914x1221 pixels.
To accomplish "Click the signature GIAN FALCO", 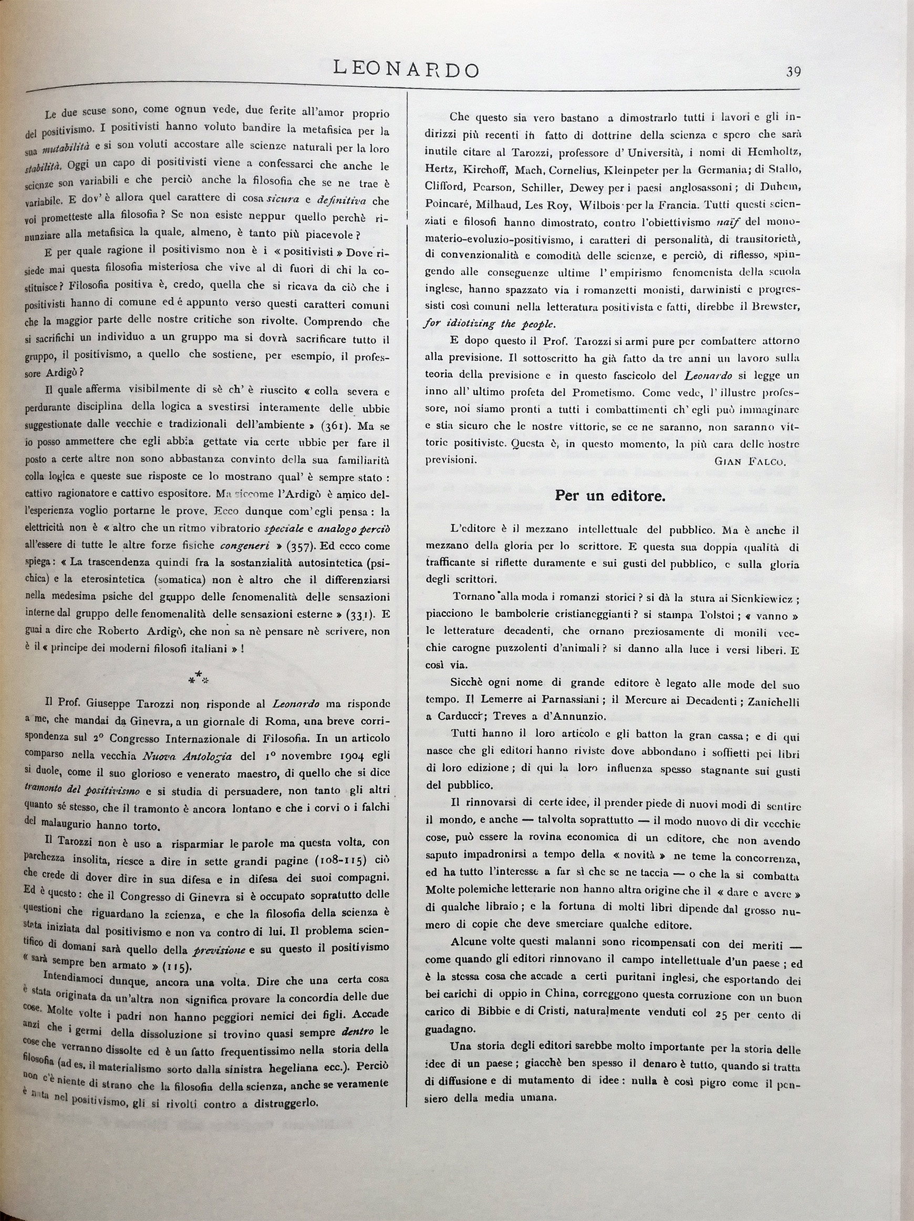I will pos(749,461).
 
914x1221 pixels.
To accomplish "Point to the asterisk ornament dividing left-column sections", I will pos(198,677).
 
